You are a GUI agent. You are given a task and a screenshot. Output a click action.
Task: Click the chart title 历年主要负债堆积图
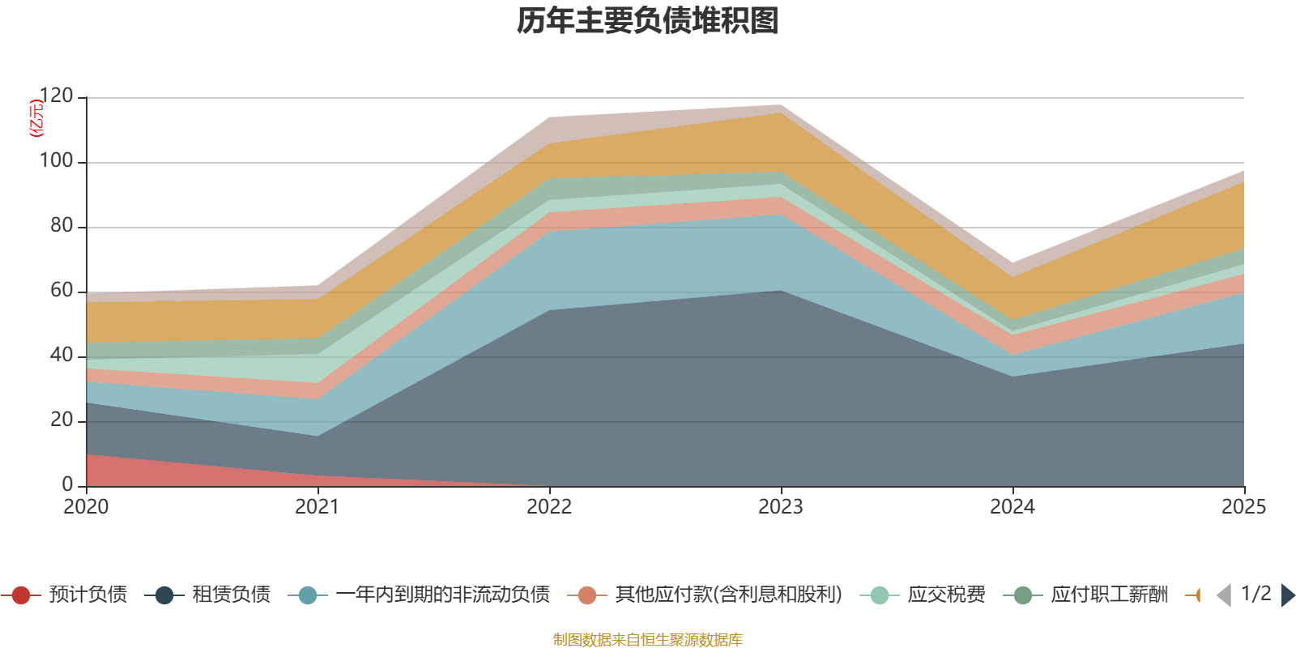click(648, 22)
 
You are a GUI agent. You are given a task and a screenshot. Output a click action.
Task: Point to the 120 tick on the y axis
click(56, 96)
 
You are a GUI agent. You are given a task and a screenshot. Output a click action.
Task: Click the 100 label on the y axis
click(56, 161)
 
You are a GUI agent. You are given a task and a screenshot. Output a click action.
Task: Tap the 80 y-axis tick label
click(61, 226)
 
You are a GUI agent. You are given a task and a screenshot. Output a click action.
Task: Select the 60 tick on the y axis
click(61, 291)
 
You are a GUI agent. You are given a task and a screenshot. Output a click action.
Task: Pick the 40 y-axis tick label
click(61, 356)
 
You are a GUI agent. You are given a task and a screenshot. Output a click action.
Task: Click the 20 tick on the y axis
click(61, 420)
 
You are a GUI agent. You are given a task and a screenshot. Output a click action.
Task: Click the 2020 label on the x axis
click(86, 507)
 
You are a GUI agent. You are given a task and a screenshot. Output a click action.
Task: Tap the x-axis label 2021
click(318, 507)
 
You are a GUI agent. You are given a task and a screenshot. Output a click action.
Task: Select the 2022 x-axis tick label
click(549, 507)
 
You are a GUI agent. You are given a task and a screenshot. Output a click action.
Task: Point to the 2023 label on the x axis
click(781, 507)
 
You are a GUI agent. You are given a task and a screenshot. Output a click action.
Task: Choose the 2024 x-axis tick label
click(1013, 507)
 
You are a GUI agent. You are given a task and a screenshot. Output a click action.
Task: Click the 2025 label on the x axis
click(1243, 507)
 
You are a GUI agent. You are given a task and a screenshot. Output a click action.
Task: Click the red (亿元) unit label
click(36, 118)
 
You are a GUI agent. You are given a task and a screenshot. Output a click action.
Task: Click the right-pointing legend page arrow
click(1287, 595)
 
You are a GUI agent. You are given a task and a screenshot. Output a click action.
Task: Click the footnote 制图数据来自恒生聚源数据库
click(648, 640)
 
